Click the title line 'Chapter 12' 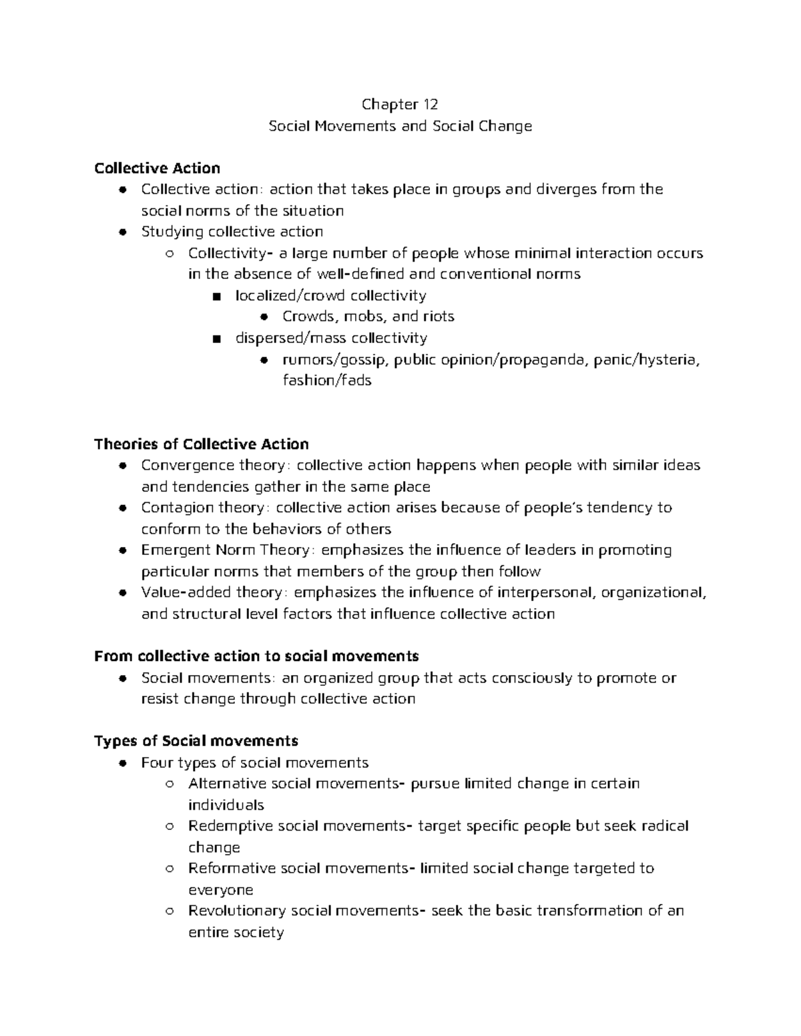(400, 104)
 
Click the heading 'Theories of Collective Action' (201, 444)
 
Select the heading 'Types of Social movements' (196, 741)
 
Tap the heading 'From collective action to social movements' (256, 656)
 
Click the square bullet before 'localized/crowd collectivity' (215, 296)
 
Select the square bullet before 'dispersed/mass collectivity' (215, 339)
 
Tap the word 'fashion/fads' (326, 381)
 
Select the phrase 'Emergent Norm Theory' (225, 550)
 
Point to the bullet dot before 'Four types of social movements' (121, 763)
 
